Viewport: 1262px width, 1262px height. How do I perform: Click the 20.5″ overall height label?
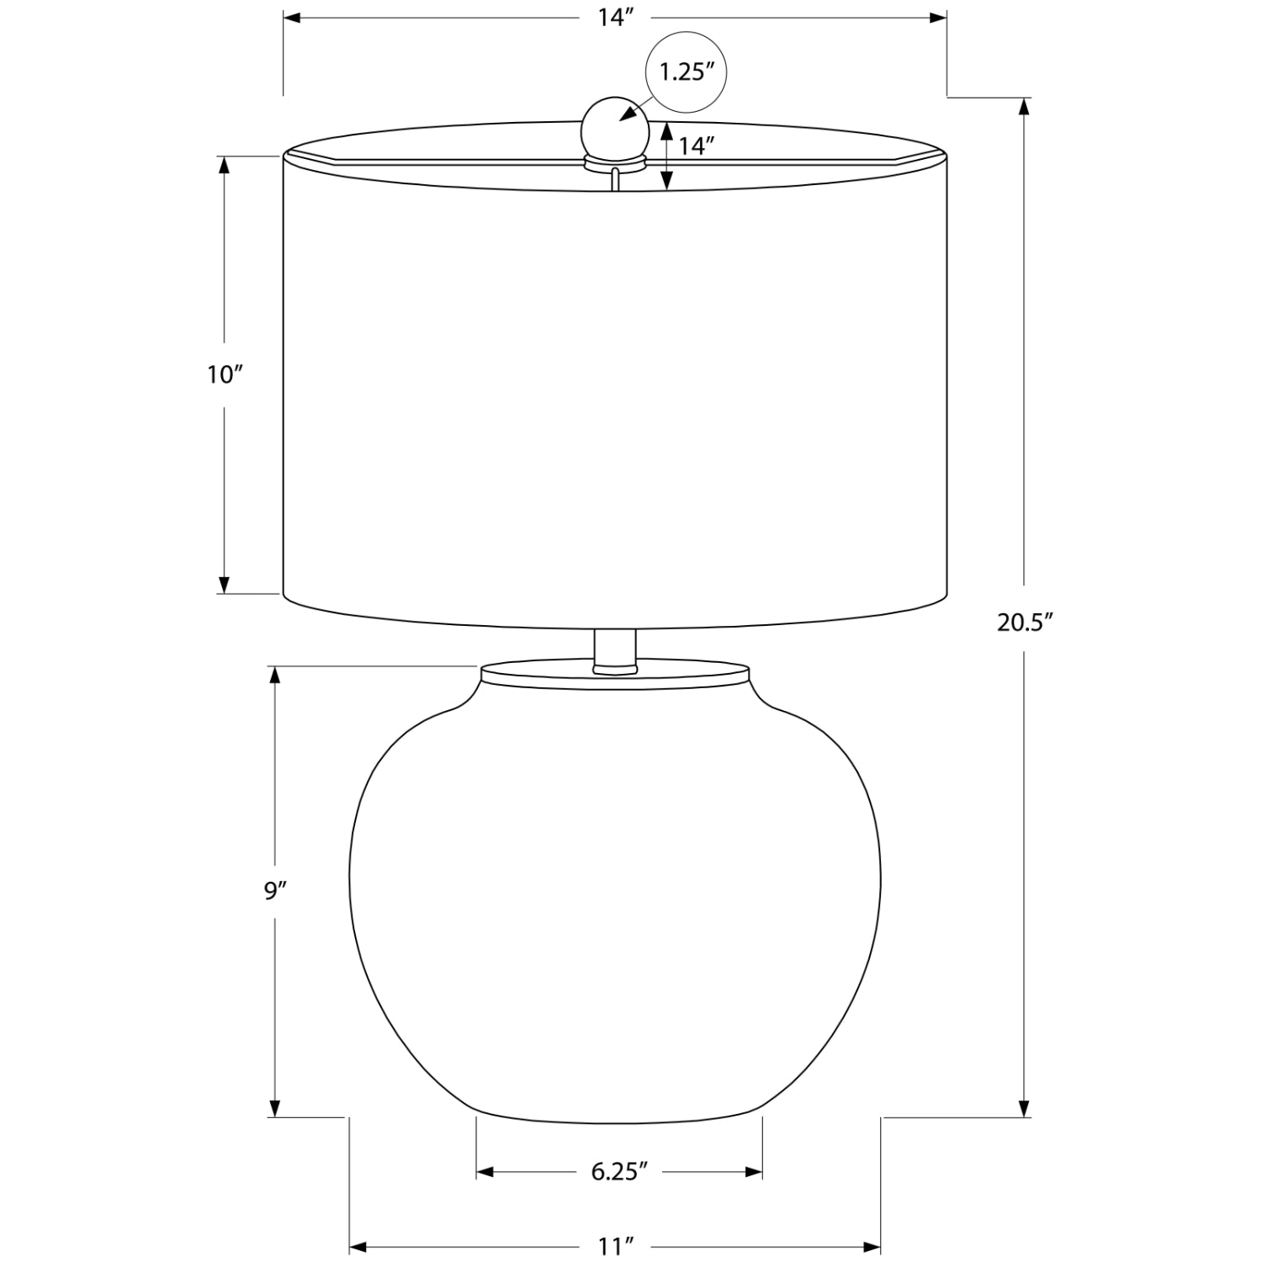point(1026,622)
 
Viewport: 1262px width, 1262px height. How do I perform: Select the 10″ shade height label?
point(225,374)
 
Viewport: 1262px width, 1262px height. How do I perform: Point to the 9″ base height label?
point(276,891)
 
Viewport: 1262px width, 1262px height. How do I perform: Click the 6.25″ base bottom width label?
point(619,1171)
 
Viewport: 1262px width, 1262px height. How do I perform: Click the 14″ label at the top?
point(616,18)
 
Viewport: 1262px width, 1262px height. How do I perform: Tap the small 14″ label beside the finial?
point(697,146)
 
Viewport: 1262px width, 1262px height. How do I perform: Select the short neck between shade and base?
point(615,650)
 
